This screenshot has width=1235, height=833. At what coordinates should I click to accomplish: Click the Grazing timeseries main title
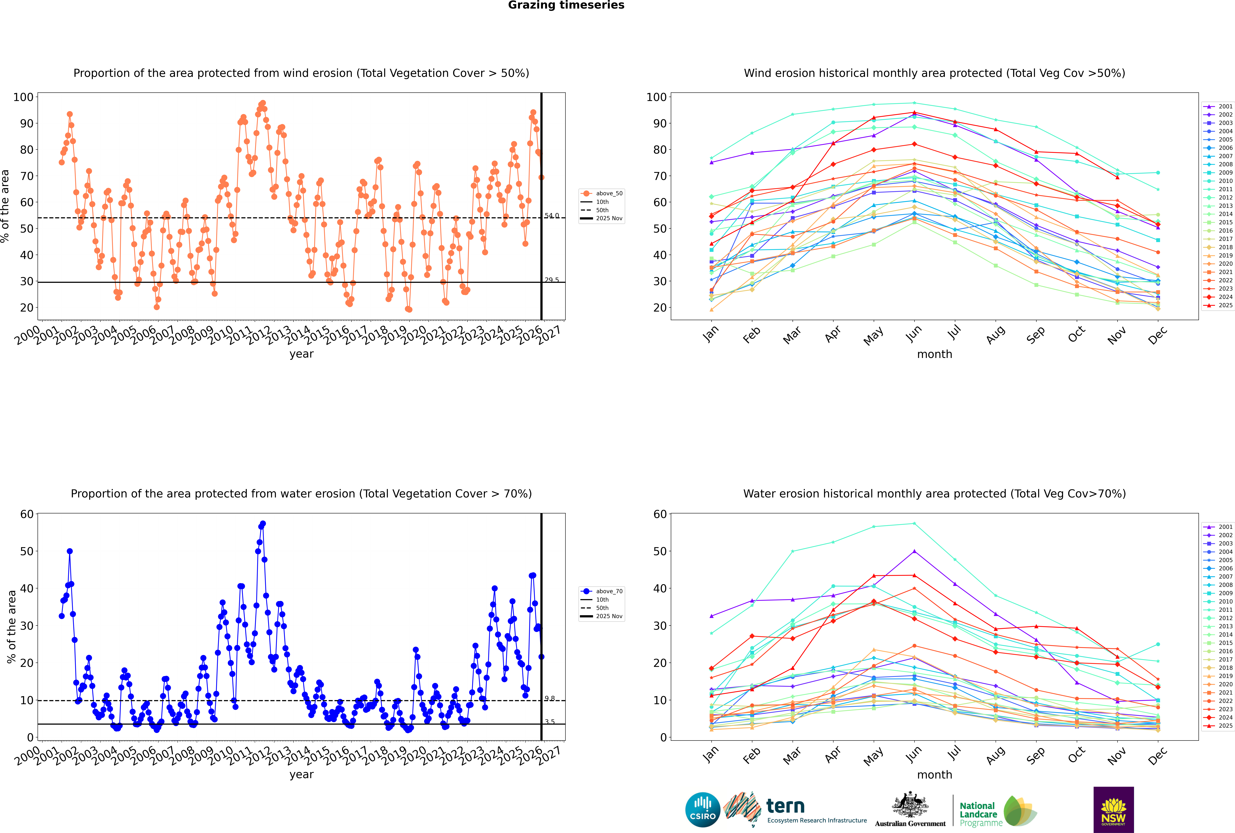pyautogui.click(x=566, y=5)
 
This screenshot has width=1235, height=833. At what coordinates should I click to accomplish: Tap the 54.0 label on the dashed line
pyautogui.click(x=552, y=216)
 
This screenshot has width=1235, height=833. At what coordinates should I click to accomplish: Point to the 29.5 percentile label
pyautogui.click(x=552, y=280)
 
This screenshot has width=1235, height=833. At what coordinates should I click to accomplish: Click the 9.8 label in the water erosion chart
pyautogui.click(x=550, y=699)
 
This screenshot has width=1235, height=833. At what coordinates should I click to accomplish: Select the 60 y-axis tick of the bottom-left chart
pyautogui.click(x=26, y=514)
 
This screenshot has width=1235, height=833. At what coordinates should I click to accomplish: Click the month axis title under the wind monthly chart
pyautogui.click(x=934, y=354)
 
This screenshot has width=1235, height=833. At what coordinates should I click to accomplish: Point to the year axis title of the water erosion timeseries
pyautogui.click(x=302, y=775)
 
